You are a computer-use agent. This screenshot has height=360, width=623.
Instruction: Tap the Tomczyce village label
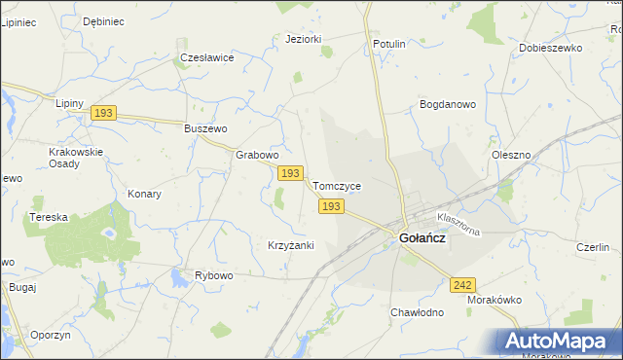(336, 185)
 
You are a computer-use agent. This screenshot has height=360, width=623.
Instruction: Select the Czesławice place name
(207, 57)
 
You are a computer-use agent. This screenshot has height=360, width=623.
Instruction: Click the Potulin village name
(388, 44)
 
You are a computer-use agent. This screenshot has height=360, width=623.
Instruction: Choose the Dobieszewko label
(550, 47)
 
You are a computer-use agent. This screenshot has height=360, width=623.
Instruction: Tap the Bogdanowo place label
(447, 103)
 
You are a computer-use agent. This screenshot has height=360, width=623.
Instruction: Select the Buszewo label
(205, 128)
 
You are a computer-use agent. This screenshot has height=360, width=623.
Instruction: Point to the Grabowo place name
(258, 154)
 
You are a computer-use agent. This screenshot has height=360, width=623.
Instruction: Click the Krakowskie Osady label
(76, 158)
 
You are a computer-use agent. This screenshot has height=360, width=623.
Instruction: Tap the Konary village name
(144, 194)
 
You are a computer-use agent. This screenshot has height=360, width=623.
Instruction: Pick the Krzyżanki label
(290, 245)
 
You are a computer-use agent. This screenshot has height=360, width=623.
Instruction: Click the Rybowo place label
(214, 275)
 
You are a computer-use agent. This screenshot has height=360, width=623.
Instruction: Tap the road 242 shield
(462, 284)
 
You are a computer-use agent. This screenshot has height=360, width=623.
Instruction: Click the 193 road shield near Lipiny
(104, 114)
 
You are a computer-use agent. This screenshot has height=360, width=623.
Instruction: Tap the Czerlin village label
(592, 246)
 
